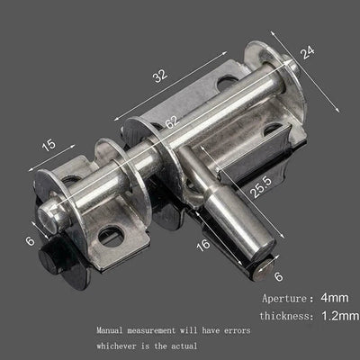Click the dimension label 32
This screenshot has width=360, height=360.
(159, 78)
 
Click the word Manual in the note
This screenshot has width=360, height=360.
(112, 330)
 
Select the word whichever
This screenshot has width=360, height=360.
(121, 346)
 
